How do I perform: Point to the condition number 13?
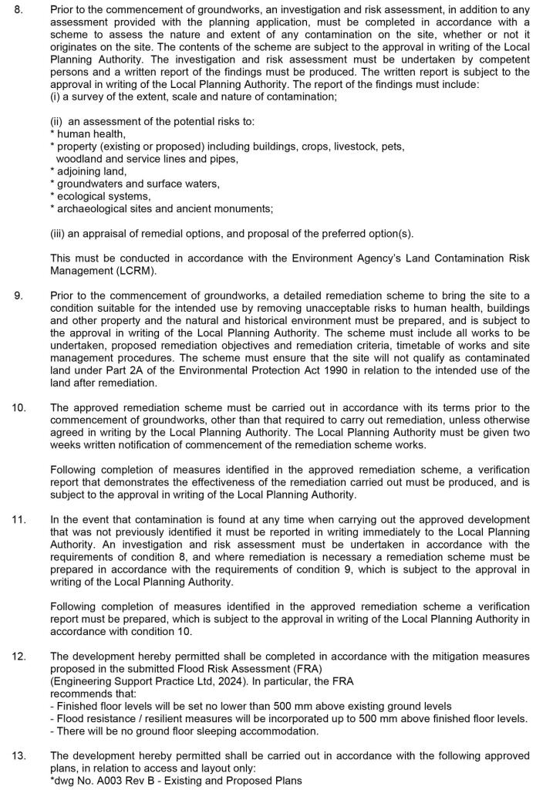(x=19, y=755)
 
